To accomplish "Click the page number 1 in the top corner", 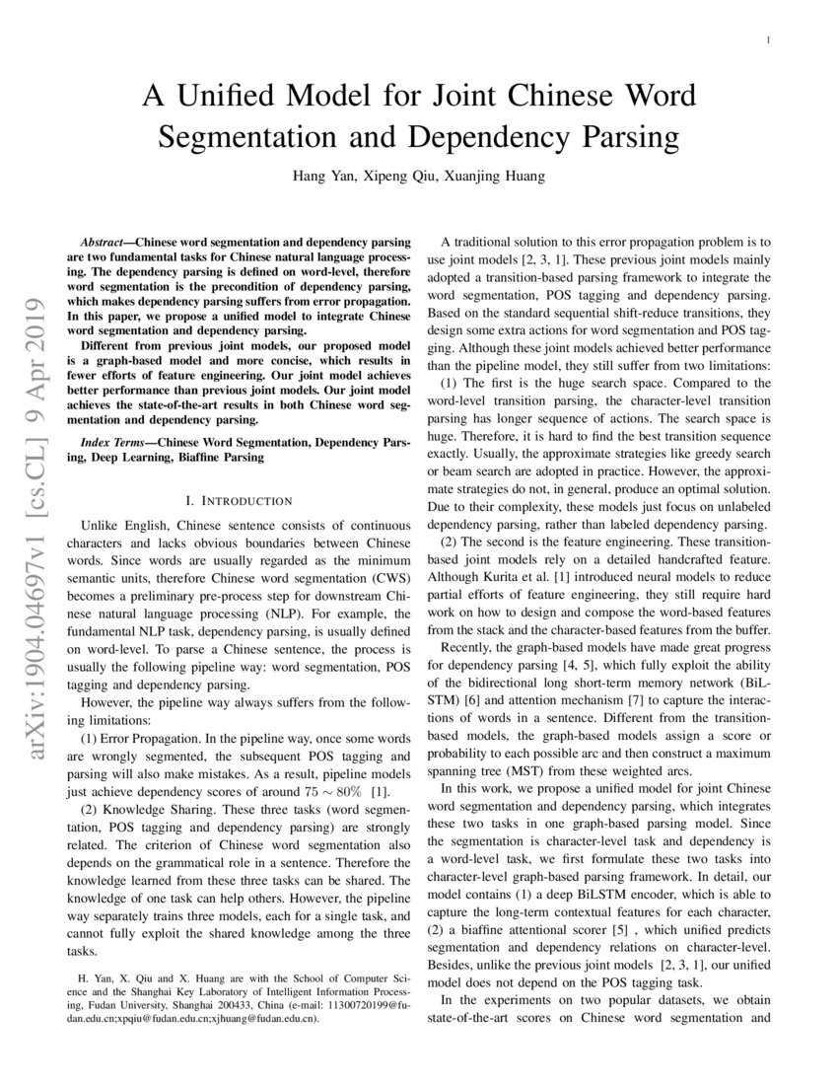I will point(768,40).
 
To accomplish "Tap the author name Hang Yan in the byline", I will point(322,178).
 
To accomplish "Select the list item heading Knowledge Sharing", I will point(161,780).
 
